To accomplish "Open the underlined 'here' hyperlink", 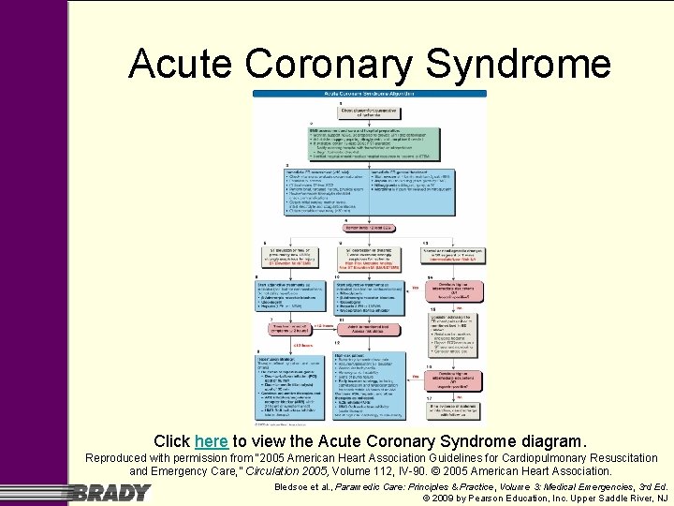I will pyautogui.click(x=211, y=440).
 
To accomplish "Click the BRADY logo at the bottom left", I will pyautogui.click(x=110, y=492).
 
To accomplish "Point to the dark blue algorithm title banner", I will pyautogui.click(x=370, y=95).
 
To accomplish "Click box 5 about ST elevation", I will pyautogui.click(x=289, y=256).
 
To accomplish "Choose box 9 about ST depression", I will pyautogui.click(x=370, y=256).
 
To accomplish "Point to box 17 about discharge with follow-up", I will pyautogui.click(x=454, y=409).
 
